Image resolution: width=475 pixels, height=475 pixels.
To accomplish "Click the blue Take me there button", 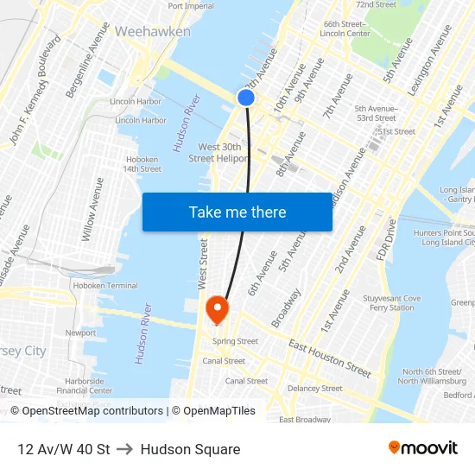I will pos(237,212).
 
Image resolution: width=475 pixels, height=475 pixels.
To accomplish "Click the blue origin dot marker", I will pos(246,98).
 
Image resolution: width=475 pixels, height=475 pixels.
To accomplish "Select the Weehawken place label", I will pos(153,31).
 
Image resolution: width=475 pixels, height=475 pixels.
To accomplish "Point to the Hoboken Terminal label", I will pos(105,285).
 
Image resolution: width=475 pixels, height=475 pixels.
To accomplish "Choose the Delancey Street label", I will pos(314,389).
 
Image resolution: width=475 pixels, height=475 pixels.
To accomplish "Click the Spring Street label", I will pos(235,341).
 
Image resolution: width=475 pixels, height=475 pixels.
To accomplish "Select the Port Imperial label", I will pos(191,6).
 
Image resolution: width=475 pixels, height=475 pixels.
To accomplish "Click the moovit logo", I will pos(422,447).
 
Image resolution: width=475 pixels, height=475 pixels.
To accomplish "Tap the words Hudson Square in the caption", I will pos(190,449).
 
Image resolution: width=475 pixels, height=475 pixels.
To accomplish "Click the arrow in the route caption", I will pos(125,449).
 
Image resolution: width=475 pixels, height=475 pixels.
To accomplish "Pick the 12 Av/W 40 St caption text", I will pos(63,449).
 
